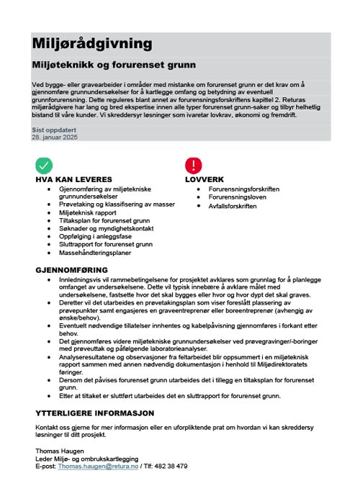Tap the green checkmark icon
coord(43,165)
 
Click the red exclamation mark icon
coord(194,165)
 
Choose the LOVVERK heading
coord(205,179)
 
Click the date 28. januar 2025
coord(55,136)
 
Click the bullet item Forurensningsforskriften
coord(243,188)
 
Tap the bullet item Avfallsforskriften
coord(232,206)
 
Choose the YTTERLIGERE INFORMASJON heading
coord(95,413)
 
